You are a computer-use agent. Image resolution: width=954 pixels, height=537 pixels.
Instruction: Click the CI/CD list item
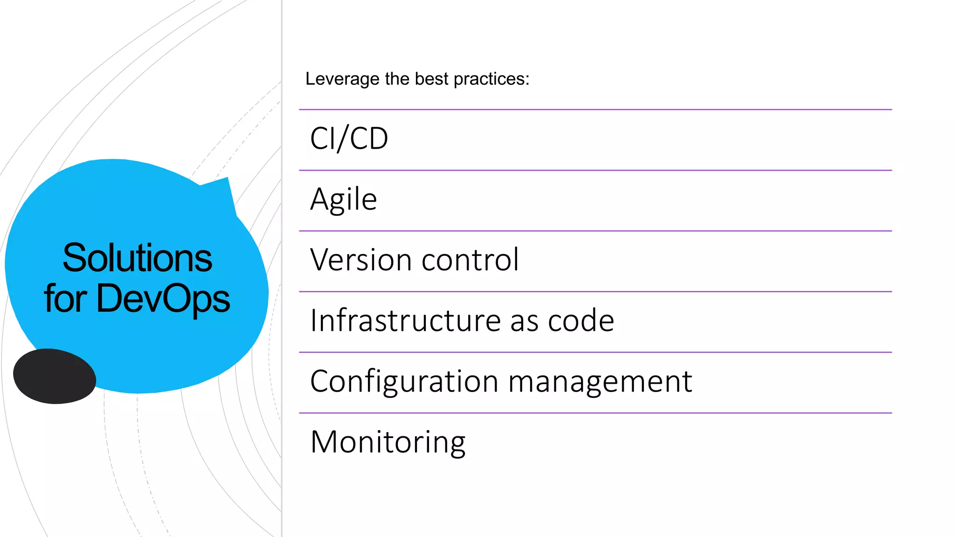point(349,139)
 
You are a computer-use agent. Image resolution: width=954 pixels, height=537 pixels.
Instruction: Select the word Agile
point(343,200)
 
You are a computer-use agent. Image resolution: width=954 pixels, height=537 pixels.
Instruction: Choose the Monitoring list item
point(388,442)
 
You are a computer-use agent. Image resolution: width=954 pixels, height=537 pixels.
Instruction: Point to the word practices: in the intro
point(491,79)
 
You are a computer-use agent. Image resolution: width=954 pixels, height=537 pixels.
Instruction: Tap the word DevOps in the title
point(163,298)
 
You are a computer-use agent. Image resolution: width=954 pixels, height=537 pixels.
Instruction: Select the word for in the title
point(65,298)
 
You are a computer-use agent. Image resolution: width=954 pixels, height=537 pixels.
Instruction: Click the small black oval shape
point(55,376)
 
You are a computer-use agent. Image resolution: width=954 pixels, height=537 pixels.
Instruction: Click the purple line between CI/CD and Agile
point(595,170)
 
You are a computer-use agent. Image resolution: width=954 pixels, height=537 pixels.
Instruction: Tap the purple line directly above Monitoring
point(595,413)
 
